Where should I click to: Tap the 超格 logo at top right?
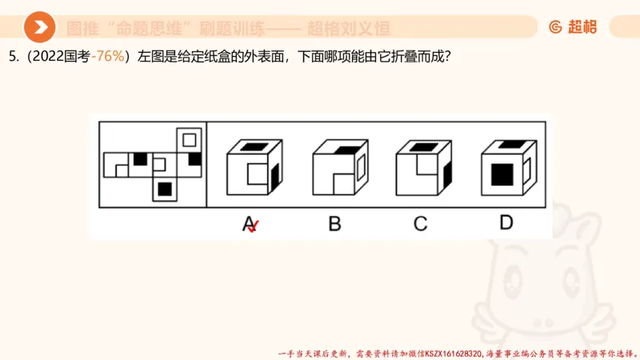[573, 27]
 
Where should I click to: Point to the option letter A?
[249, 223]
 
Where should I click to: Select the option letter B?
[334, 223]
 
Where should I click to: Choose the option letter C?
[420, 223]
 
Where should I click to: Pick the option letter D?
[506, 222]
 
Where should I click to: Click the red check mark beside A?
[254, 228]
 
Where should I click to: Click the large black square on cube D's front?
[502, 174]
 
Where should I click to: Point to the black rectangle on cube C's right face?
[446, 172]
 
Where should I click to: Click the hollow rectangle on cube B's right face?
[360, 166]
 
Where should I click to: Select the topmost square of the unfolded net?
[189, 140]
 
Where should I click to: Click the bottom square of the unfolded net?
[165, 189]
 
